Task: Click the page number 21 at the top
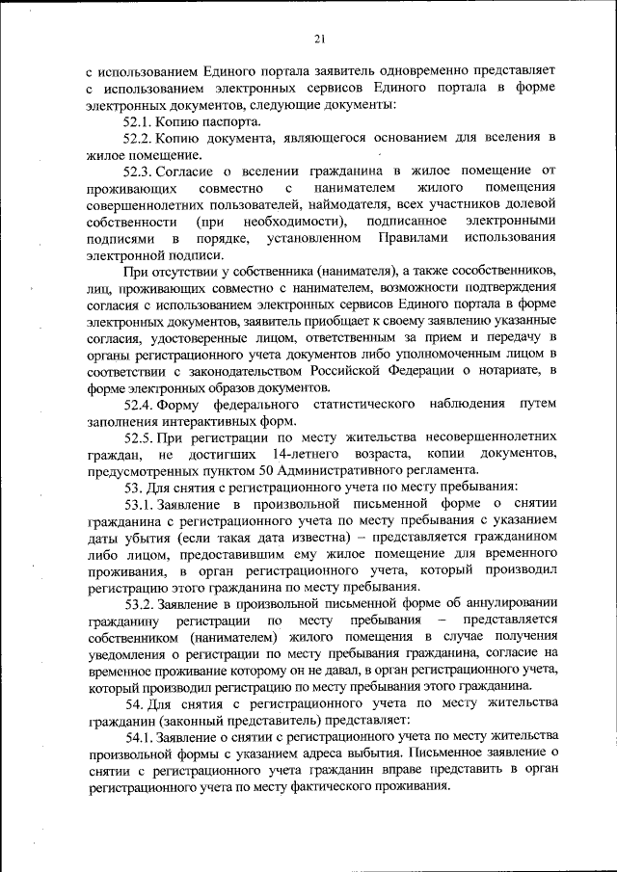[319, 39]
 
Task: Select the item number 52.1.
[139, 122]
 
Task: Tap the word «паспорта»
[228, 122]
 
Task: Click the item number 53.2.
[139, 603]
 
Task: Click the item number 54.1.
[139, 736]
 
